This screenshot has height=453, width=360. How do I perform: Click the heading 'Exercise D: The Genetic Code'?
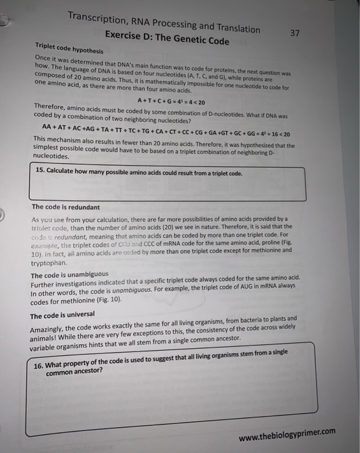tap(170, 38)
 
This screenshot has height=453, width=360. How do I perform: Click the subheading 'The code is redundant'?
tap(66, 207)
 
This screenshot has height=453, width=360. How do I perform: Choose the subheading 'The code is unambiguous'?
tap(71, 275)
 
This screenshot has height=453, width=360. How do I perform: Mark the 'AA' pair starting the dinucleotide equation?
tap(47, 126)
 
